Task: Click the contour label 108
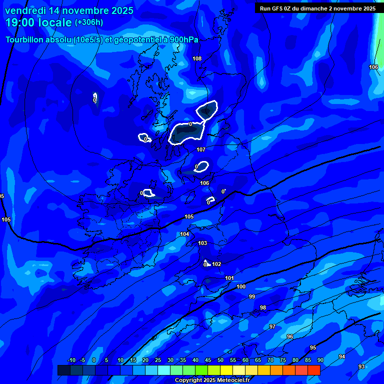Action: click(197, 58)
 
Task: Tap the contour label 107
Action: click(201, 149)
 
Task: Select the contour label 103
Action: click(202, 243)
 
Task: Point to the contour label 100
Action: click(241, 286)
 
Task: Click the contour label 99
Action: click(252, 296)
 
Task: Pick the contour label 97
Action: click(272, 326)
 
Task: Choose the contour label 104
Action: click(184, 234)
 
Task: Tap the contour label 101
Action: click(229, 278)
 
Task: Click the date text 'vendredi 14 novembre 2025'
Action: click(69, 10)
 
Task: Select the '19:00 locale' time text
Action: click(38, 22)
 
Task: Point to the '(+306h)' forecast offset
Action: click(89, 22)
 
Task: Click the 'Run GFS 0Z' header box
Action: click(317, 8)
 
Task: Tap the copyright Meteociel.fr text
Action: click(212, 380)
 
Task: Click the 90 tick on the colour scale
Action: click(320, 360)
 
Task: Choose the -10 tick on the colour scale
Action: click(71, 360)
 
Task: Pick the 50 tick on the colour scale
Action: click(220, 360)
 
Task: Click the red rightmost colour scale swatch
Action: click(313, 370)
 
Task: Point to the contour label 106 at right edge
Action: click(373, 67)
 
